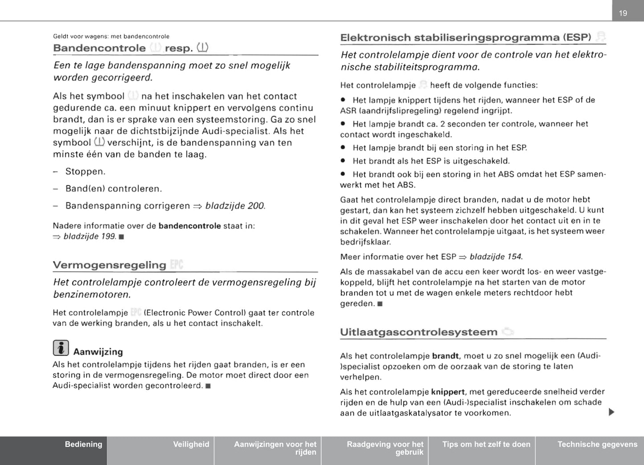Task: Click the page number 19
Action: (623, 13)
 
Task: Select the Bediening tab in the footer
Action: (83, 444)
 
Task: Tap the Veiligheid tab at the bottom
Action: (191, 444)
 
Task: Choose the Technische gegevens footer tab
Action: (597, 444)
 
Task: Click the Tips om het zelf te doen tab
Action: (486, 444)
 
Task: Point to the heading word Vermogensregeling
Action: (109, 265)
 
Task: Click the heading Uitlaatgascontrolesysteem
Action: (418, 332)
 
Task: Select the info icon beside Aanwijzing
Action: (61, 348)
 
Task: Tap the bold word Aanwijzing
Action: (98, 352)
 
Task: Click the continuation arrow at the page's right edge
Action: (611, 412)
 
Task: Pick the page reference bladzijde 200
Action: (235, 206)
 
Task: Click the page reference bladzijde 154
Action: (496, 257)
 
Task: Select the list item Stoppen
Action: (86, 172)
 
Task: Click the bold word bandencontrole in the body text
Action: (189, 226)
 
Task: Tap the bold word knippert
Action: (448, 392)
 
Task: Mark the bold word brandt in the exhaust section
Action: (445, 356)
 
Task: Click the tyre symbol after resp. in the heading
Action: (202, 47)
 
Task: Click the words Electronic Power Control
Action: (195, 313)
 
